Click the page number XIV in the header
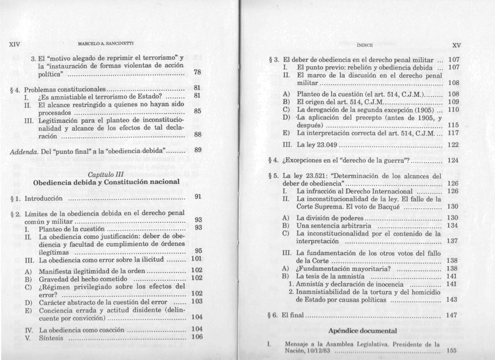pos(15,44)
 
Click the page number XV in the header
pos(456,45)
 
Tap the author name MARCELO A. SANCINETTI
pos(106,43)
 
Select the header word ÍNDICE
pos(365,45)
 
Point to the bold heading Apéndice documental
pos(363,331)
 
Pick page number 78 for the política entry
pos(198,72)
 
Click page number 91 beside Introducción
pos(198,196)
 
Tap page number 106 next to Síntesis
pos(197,337)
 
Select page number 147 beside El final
pos(451,315)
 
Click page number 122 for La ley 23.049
pos(453,145)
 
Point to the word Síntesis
pos(51,338)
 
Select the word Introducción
pos(44,198)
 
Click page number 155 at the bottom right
pos(451,351)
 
